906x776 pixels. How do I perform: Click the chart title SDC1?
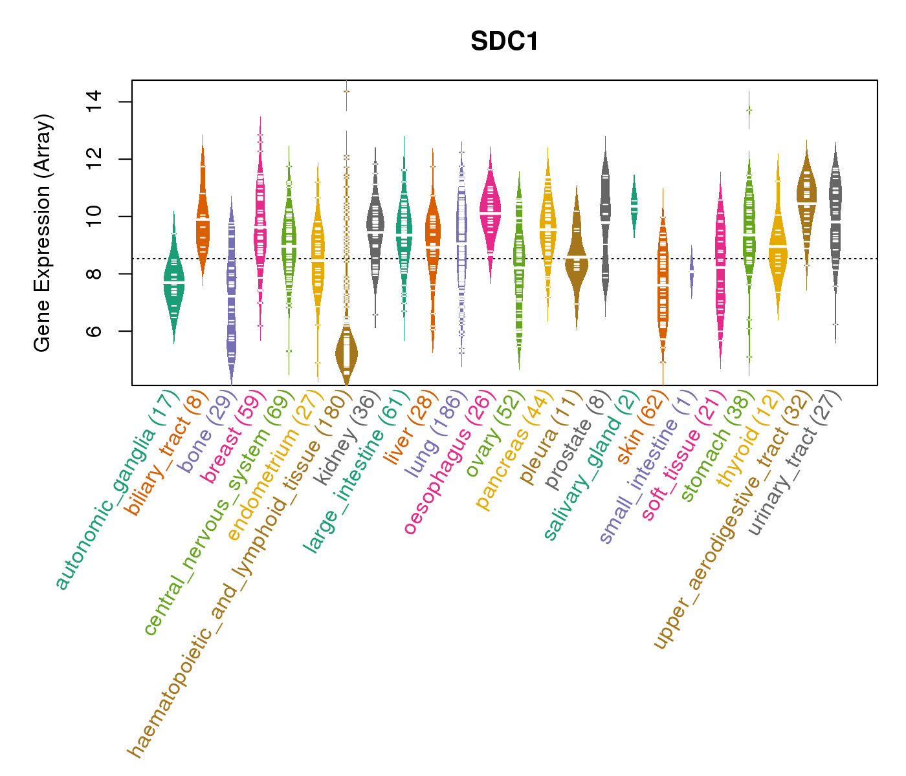pos(505,41)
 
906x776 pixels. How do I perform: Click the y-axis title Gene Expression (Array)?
pos(43,233)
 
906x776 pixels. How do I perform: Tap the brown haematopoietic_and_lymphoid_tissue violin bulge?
pos(346,353)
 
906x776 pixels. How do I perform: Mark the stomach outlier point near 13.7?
pos(749,110)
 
